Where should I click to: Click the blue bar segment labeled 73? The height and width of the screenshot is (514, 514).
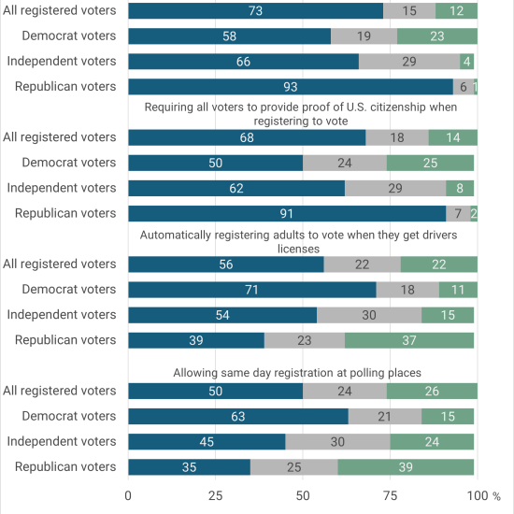click(x=256, y=11)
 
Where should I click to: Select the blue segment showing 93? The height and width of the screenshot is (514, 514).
click(x=291, y=87)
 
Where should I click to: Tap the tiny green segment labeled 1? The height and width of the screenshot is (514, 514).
click(x=476, y=87)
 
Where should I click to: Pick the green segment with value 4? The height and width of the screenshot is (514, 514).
click(x=466, y=62)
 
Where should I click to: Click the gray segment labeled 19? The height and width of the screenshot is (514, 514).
click(x=364, y=36)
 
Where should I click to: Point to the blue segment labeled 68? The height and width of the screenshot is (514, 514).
click(x=247, y=137)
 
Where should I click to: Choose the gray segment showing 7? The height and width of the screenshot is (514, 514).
click(x=458, y=214)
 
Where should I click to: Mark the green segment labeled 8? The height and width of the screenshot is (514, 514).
click(x=460, y=188)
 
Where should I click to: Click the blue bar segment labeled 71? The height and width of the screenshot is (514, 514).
click(x=252, y=290)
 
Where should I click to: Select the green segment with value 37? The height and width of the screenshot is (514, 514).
click(x=409, y=340)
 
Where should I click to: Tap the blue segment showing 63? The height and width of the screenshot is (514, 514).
click(x=238, y=416)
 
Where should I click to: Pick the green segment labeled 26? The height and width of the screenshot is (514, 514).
click(x=432, y=391)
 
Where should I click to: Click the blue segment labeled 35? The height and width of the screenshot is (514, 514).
click(x=190, y=467)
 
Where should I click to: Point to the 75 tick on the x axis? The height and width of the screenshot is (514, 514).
click(x=390, y=495)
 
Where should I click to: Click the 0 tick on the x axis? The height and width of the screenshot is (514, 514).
click(x=128, y=495)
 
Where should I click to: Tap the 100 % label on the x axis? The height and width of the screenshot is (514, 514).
click(x=484, y=495)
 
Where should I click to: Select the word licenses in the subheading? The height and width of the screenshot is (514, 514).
click(x=298, y=250)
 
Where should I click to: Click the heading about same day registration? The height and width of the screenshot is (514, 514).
click(x=297, y=373)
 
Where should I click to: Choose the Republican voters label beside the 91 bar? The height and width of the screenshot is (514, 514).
click(x=65, y=213)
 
